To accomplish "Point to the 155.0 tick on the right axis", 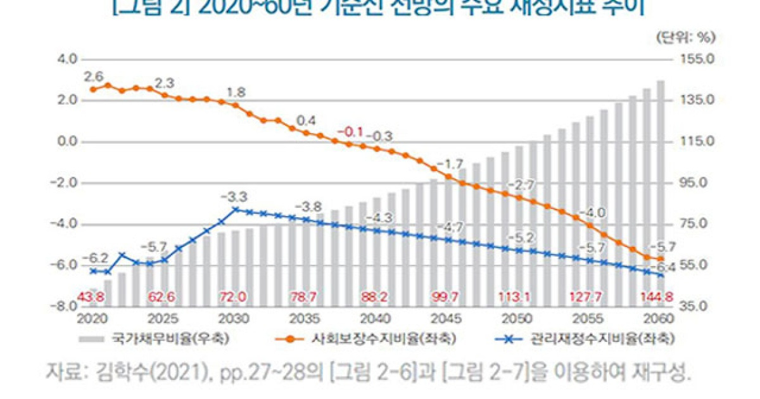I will [697, 60].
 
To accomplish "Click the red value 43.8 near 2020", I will [91, 296].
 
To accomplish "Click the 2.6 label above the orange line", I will [93, 77].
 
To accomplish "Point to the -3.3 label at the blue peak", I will [234, 196].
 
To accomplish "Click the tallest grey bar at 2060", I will [661, 190].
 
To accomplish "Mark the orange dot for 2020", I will [93, 89].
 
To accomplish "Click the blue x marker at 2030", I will [236, 209].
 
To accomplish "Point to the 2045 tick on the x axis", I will [448, 317].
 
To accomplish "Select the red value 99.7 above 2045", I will [448, 296].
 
